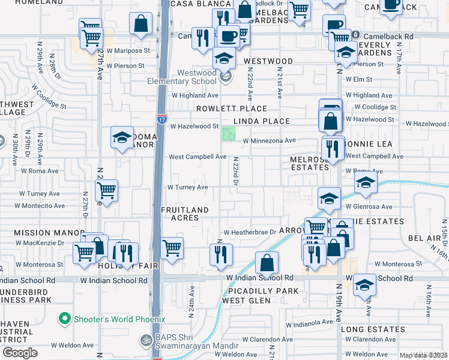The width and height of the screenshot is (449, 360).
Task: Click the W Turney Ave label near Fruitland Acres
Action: pyautogui.click(x=188, y=187)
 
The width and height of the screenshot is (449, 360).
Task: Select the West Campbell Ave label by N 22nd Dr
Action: pyautogui.click(x=197, y=157)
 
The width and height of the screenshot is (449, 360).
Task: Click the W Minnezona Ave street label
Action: pyautogui.click(x=270, y=140)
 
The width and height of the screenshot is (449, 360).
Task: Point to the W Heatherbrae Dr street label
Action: pyautogui.click(x=249, y=232)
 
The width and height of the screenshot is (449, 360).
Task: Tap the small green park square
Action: pyautogui.click(x=229, y=133)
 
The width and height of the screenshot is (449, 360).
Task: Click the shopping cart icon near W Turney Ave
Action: pyautogui.click(x=106, y=191)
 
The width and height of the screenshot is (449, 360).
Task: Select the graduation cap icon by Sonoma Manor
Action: pyautogui.click(x=122, y=137)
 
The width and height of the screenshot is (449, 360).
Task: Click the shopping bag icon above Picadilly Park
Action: pyautogui.click(x=267, y=262)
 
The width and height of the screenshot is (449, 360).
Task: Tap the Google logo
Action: pyautogui.click(x=20, y=353)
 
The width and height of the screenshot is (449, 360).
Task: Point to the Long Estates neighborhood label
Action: pyautogui.click(x=373, y=329)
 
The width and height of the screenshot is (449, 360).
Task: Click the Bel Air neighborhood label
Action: pyautogui.click(x=424, y=238)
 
